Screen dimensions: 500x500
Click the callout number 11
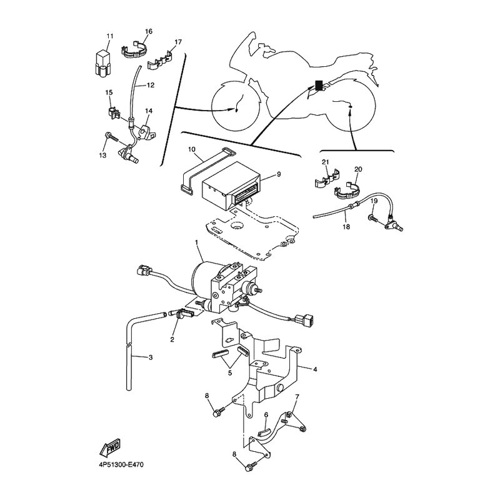[110, 36]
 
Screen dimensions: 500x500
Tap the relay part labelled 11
[103, 62]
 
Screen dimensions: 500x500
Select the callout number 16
[149, 31]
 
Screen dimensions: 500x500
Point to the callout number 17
[178, 42]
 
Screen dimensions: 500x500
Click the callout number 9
[279, 174]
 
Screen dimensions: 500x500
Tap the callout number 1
[196, 242]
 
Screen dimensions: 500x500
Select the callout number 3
[151, 357]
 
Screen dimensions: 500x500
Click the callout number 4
[315, 369]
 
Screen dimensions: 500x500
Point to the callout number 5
[230, 372]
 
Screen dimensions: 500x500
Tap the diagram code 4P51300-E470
[121, 464]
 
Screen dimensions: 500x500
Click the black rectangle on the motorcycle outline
[319, 85]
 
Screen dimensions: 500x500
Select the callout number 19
[374, 201]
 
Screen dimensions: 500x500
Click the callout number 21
[325, 162]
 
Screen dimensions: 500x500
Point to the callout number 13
[102, 155]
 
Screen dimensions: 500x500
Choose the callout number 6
[266, 414]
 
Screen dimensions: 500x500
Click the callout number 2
[172, 339]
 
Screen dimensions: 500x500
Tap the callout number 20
[358, 169]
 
